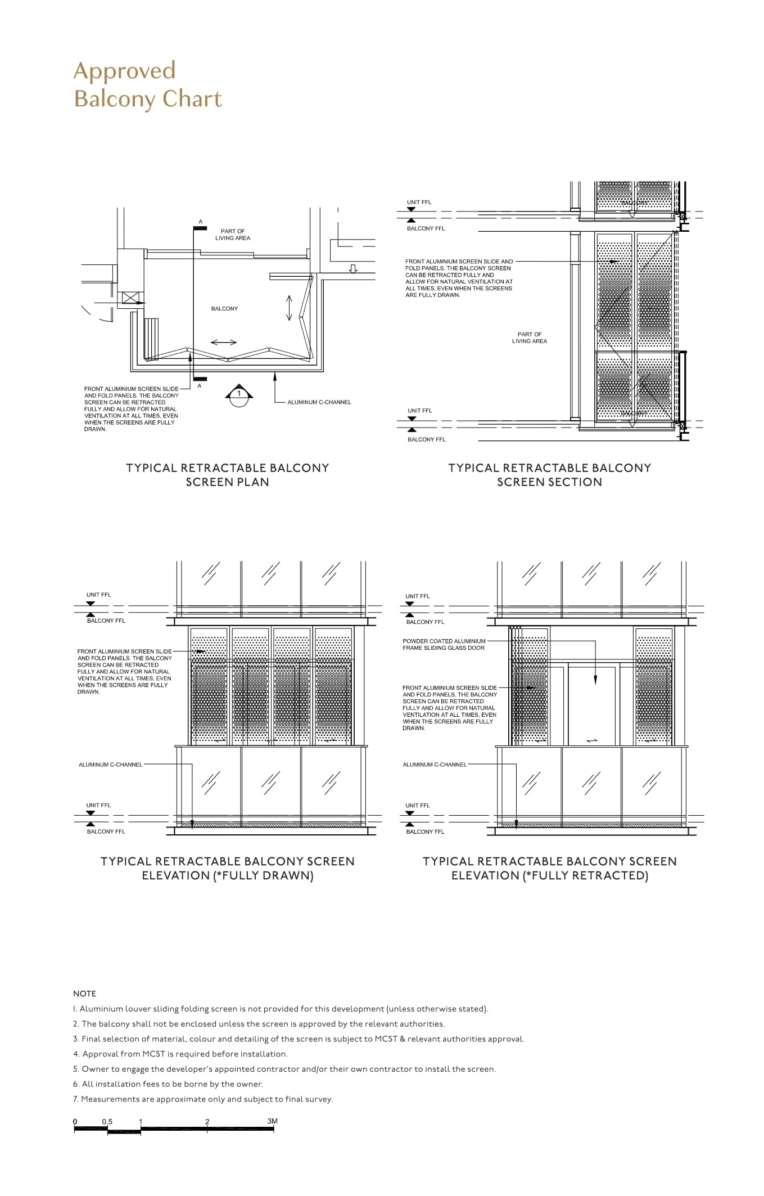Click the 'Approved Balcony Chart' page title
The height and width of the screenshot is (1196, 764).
148,84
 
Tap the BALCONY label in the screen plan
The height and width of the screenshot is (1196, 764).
224,308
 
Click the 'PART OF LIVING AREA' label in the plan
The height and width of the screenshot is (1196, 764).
233,235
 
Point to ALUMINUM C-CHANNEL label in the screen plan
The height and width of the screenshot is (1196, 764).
319,402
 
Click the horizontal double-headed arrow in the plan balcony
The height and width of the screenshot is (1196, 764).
224,342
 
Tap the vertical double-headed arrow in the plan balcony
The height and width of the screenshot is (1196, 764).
290,308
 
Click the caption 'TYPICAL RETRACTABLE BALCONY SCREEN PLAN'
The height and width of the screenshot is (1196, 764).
228,475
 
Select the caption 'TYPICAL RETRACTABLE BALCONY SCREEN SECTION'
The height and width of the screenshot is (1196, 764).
549,475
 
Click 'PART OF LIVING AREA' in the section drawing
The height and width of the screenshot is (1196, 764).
530,338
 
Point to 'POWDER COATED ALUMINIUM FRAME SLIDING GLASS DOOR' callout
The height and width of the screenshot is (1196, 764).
444,644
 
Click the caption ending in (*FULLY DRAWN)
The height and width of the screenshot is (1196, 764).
228,868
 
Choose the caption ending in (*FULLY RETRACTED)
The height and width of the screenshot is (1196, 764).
549,868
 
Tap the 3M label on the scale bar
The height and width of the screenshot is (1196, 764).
273,1121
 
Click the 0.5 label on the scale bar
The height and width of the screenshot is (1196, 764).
107,1122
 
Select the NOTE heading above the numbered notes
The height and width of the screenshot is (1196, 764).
84,993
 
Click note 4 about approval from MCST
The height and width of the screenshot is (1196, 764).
180,1054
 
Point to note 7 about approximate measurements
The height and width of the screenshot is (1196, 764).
203,1099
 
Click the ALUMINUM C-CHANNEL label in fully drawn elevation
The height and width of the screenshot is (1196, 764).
111,765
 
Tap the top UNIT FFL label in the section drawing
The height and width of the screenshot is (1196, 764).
419,202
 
